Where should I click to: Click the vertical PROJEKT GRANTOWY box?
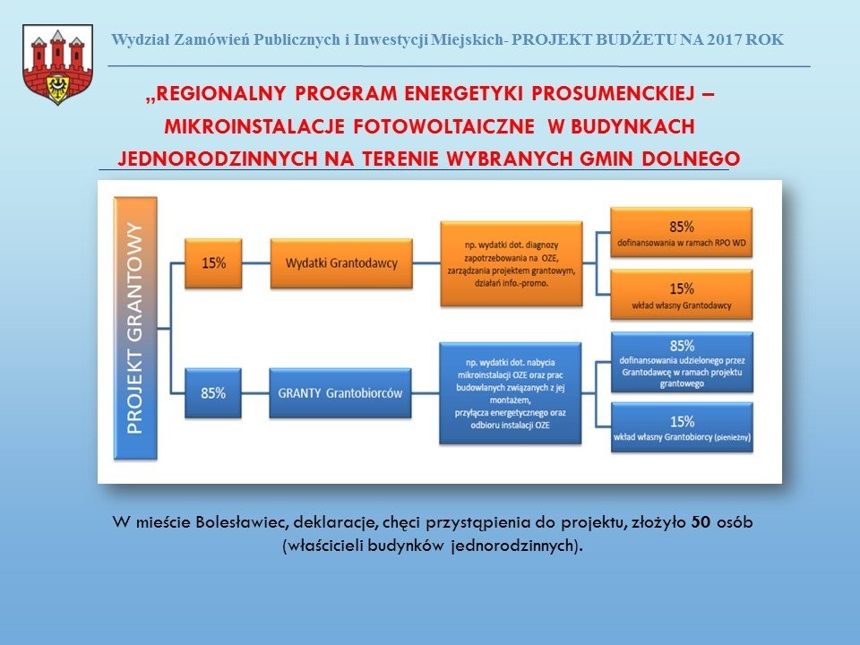pos(135,328)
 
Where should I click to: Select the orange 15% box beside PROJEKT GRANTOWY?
pos(213,263)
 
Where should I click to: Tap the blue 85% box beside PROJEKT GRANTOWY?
pos(213,391)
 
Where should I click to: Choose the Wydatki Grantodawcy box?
pos(340,263)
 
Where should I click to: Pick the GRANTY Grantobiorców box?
pos(340,392)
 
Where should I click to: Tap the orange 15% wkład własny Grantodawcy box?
pos(682,295)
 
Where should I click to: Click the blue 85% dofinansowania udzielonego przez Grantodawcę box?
pos(682,362)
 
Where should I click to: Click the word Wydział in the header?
pos(137,39)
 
